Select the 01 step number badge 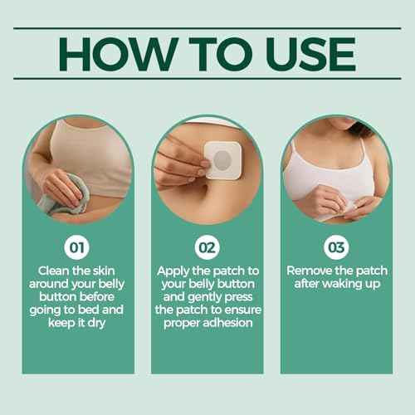(76, 247)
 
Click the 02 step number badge (207, 247)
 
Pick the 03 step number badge (335, 247)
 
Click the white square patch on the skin (223, 160)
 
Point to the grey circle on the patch (225, 159)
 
